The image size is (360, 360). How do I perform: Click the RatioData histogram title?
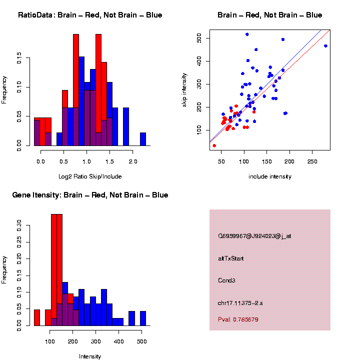(x=90, y=15)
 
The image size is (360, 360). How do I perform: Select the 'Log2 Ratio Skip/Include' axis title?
(x=90, y=176)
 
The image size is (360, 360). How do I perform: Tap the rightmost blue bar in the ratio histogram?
(x=143, y=141)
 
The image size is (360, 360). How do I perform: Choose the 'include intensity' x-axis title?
(x=270, y=176)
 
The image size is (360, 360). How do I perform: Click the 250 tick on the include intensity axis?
(x=312, y=161)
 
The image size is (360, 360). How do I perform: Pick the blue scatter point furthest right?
(x=325, y=46)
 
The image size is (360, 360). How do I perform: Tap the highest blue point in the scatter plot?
(x=247, y=34)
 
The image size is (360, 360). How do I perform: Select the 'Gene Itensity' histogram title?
(x=90, y=195)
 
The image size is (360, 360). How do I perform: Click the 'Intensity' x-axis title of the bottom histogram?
(x=90, y=356)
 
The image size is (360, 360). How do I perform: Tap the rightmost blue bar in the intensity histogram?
(x=143, y=318)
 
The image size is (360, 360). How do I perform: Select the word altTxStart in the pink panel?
(x=231, y=258)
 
